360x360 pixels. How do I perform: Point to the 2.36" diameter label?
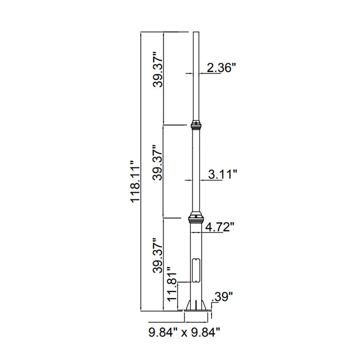[x=221, y=68]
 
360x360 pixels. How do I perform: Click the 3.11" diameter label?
[x=222, y=175]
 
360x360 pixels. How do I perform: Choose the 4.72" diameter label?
[x=220, y=226]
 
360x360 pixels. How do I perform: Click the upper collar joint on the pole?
[x=195, y=125]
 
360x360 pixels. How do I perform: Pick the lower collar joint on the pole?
[x=195, y=218]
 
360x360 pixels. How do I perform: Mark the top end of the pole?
[x=195, y=33]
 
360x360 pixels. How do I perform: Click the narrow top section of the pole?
[x=195, y=77]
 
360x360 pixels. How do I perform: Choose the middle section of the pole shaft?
[x=195, y=170]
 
